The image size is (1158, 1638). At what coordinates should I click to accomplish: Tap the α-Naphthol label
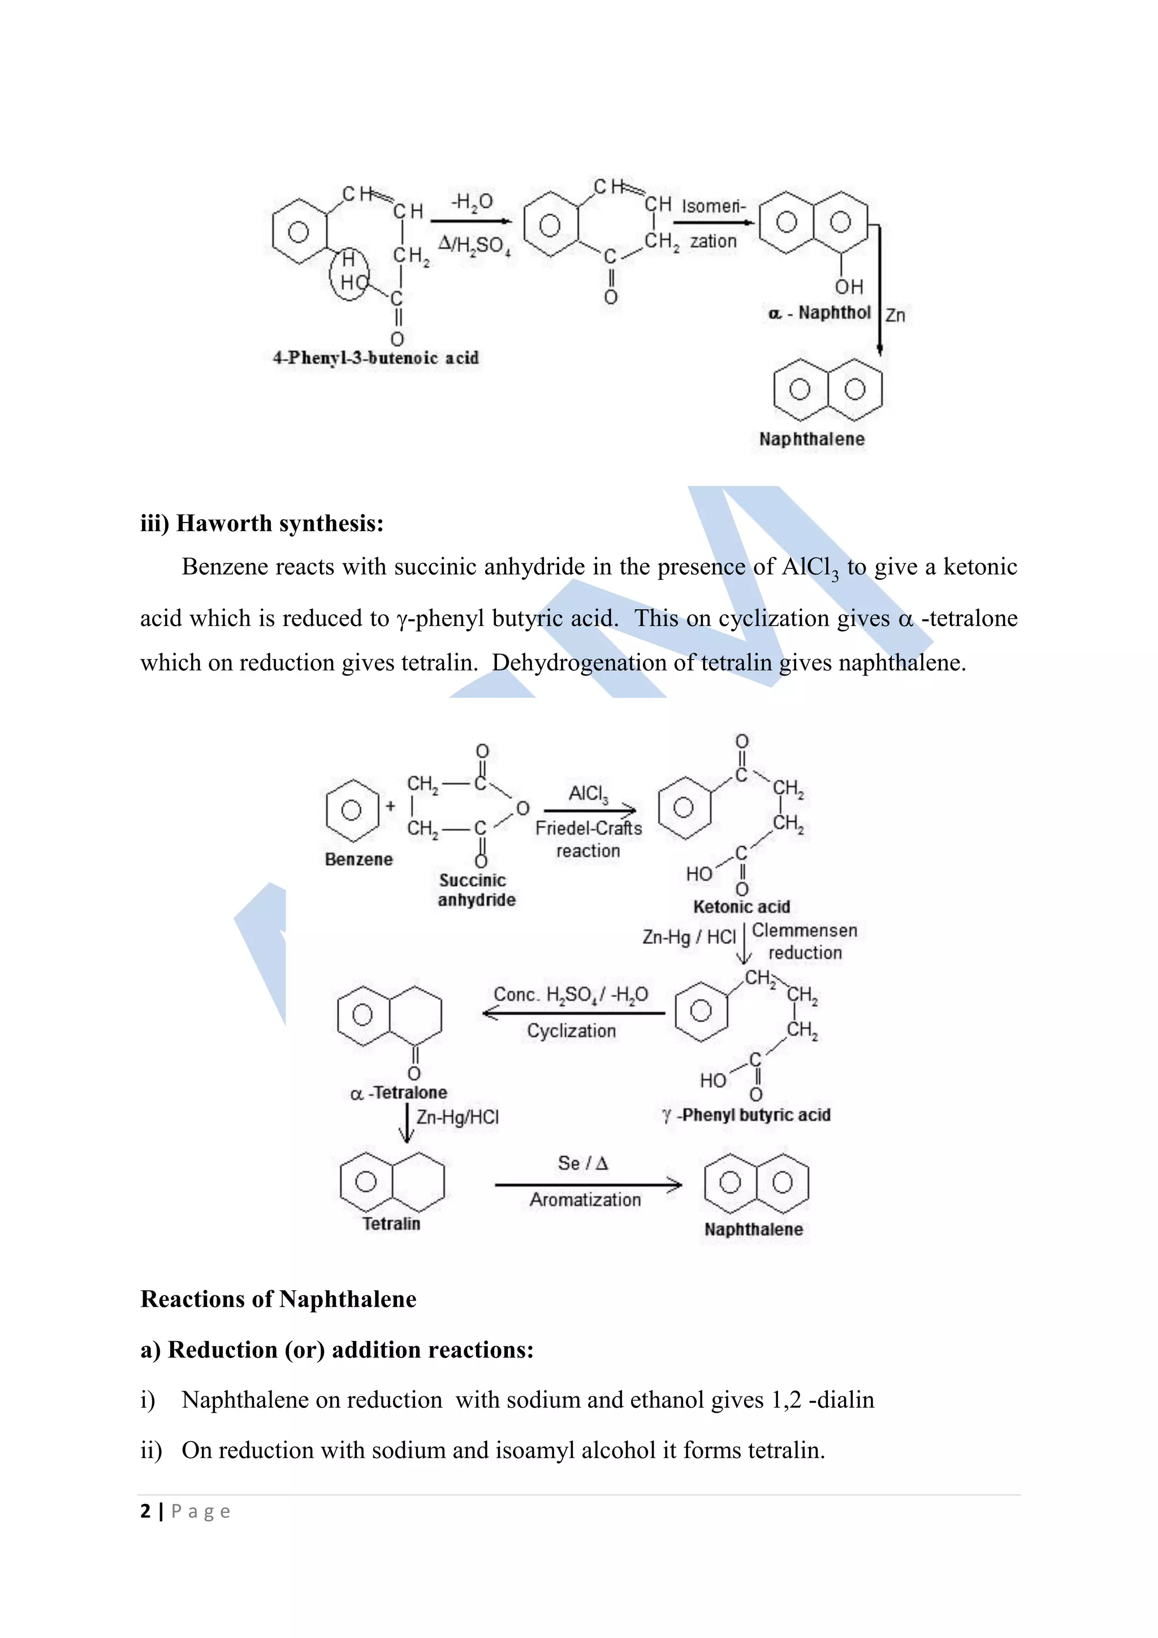819,313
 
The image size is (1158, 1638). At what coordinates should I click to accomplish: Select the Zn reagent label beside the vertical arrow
895,316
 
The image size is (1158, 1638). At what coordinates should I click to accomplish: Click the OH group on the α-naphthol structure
849,287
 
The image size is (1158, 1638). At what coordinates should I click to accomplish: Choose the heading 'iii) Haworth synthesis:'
262,523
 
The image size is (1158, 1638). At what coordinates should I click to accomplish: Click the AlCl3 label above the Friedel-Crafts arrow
588,794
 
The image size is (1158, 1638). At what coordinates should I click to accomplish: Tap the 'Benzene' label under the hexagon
358,859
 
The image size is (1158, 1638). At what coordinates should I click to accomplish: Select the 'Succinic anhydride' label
476,890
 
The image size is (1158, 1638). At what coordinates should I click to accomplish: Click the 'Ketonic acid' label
742,907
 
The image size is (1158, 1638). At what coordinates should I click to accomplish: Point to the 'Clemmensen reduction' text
805,941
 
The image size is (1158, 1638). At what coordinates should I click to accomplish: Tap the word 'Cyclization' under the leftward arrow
571,1031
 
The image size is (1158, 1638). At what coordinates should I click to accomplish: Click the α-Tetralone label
399,1092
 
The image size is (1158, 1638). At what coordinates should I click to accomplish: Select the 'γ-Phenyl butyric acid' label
746,1115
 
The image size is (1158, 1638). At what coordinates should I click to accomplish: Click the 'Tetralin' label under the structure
391,1223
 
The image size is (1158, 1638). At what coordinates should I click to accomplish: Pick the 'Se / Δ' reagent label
582,1163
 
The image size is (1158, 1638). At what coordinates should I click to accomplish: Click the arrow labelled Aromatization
587,1185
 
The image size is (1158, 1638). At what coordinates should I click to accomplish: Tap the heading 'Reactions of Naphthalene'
278,1299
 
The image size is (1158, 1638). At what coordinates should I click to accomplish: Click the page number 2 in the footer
145,1511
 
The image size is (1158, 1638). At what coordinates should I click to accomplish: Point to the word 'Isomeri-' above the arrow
713,206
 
